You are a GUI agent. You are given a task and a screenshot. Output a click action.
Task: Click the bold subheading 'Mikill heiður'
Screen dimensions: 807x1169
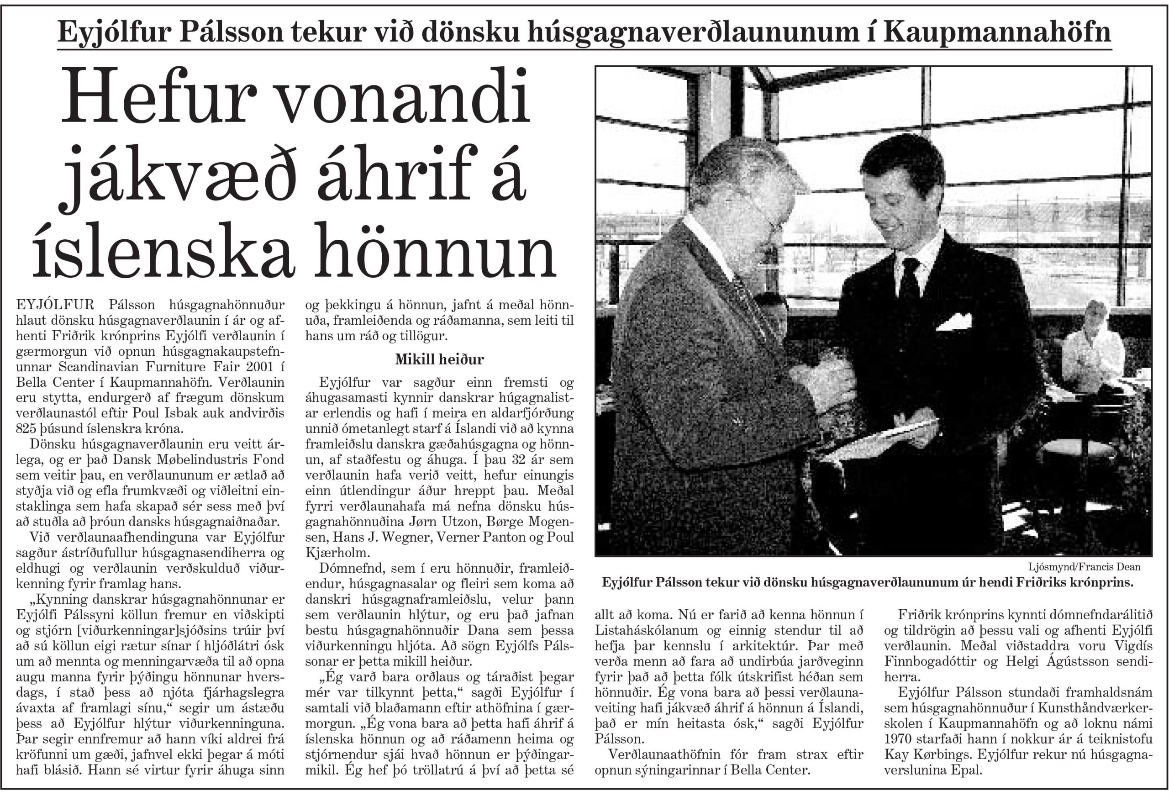click(439, 359)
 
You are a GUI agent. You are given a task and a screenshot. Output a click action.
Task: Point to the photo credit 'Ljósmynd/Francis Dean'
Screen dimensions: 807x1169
click(1084, 566)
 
